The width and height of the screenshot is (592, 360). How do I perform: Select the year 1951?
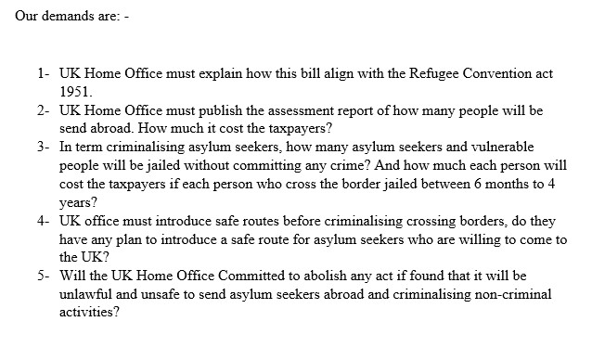[77, 89]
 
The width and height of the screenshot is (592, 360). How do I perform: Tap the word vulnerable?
[470, 146]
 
